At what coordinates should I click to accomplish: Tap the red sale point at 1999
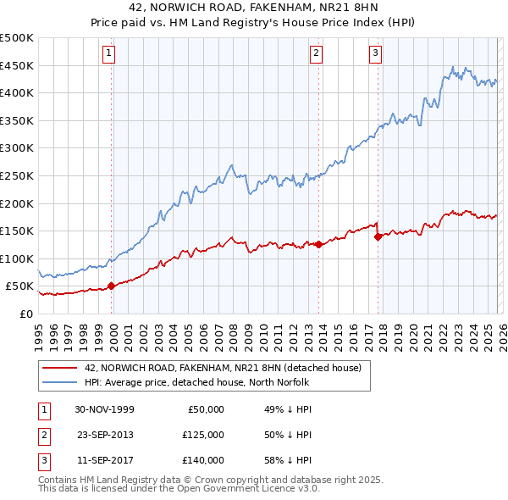pos(112,286)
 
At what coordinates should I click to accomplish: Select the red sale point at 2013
pos(318,245)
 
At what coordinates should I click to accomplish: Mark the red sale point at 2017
pos(378,236)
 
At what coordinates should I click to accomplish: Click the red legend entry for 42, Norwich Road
pos(223,368)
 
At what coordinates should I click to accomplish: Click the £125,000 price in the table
pos(202,435)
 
